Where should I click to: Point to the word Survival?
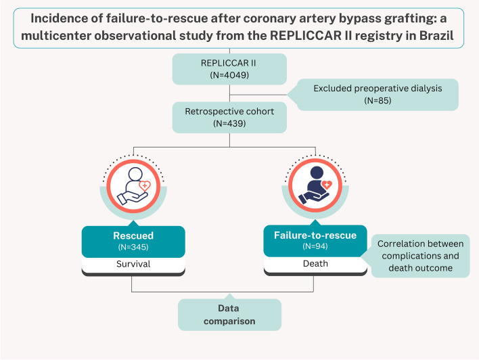point(133,264)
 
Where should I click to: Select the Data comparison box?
point(229,315)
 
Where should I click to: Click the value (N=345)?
point(133,248)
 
